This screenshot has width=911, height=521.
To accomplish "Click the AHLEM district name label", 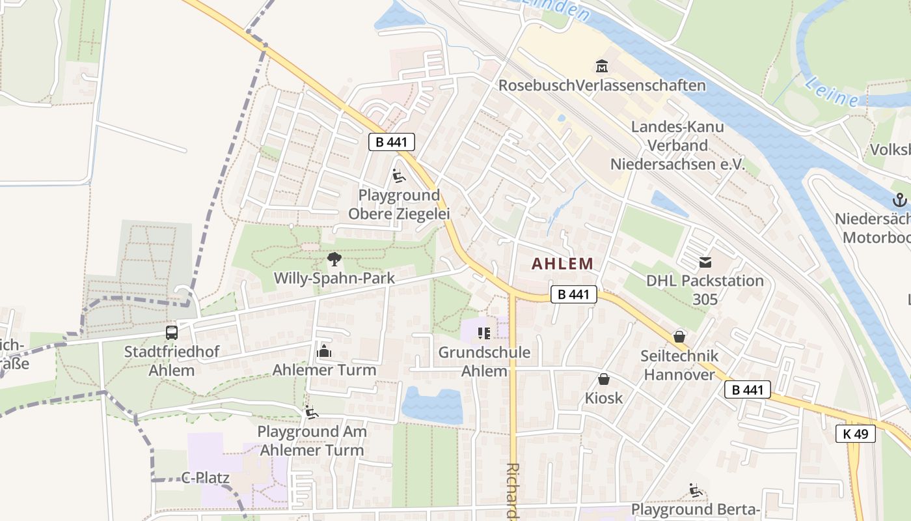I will click(x=562, y=264).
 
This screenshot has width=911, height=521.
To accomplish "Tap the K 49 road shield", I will click(x=856, y=434).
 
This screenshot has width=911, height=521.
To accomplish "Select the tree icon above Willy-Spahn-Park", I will click(x=334, y=260).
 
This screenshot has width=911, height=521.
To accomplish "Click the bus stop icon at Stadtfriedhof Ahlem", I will click(x=172, y=333).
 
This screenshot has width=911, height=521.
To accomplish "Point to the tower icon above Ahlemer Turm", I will click(x=324, y=352).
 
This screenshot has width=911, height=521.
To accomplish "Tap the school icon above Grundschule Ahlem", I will click(x=483, y=334).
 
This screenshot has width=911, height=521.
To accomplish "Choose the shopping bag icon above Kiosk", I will click(x=604, y=379).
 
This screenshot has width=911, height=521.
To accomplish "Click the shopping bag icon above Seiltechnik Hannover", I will click(x=679, y=337).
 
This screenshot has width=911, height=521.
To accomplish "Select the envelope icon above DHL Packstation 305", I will click(x=705, y=262).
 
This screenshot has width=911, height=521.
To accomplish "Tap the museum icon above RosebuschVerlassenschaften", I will click(x=602, y=66).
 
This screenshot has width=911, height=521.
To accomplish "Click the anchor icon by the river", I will click(x=900, y=200).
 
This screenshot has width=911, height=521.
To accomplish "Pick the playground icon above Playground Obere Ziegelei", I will click(x=398, y=176).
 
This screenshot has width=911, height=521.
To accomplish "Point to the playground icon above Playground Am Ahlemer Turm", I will click(x=312, y=412).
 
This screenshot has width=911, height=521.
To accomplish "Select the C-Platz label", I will click(x=205, y=478).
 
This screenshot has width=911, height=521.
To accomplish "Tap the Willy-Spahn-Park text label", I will click(x=334, y=279).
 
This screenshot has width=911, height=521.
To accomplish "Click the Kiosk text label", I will click(x=603, y=398).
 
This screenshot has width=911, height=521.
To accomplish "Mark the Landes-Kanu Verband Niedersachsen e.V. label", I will click(x=677, y=145).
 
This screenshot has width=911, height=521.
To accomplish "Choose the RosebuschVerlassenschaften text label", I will click(x=602, y=86).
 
